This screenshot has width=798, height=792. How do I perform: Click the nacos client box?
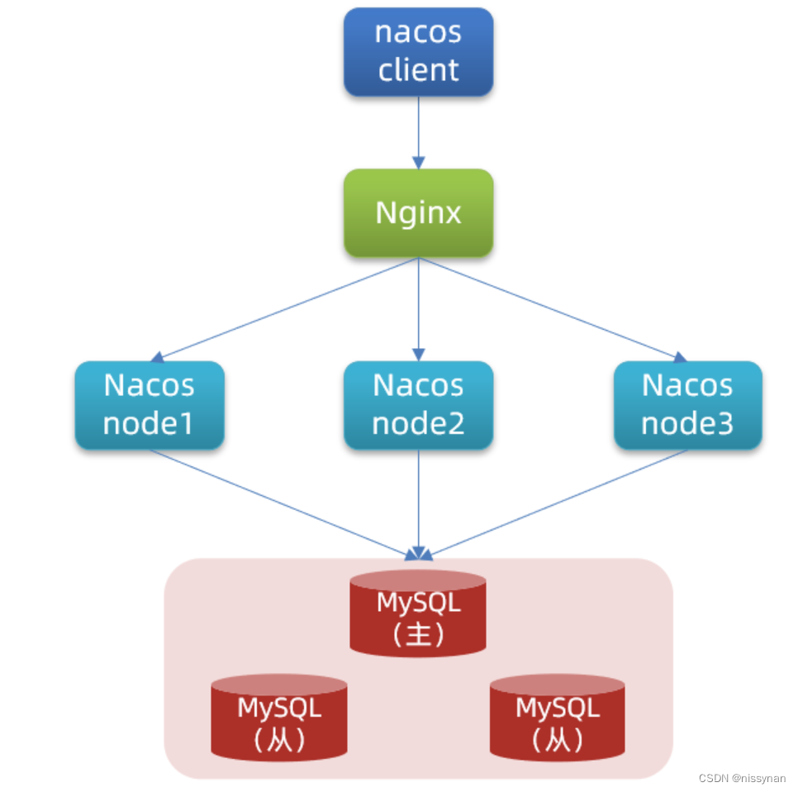[418, 51]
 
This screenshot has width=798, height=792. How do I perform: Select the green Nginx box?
[418, 212]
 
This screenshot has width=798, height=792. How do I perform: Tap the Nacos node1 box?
[150, 405]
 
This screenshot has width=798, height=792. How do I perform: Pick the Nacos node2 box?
[418, 405]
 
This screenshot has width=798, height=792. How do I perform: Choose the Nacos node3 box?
[687, 405]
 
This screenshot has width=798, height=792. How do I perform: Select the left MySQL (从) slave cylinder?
[279, 718]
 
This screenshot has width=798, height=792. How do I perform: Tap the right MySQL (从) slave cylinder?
[558, 718]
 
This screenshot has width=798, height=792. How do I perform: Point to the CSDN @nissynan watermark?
[742, 779]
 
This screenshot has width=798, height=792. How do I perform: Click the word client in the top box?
[418, 69]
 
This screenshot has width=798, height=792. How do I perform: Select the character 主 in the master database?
[419, 634]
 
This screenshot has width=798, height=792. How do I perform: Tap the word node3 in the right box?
[687, 423]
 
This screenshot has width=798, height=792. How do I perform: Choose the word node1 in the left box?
[150, 423]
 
